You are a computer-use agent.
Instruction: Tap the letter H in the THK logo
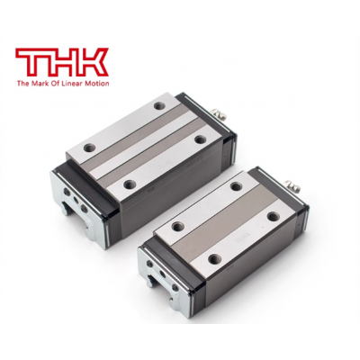pos(63,63)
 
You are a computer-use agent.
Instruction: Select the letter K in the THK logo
pos(93,63)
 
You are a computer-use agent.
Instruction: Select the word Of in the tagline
pos(53,84)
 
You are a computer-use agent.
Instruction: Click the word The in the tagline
pos(22,84)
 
